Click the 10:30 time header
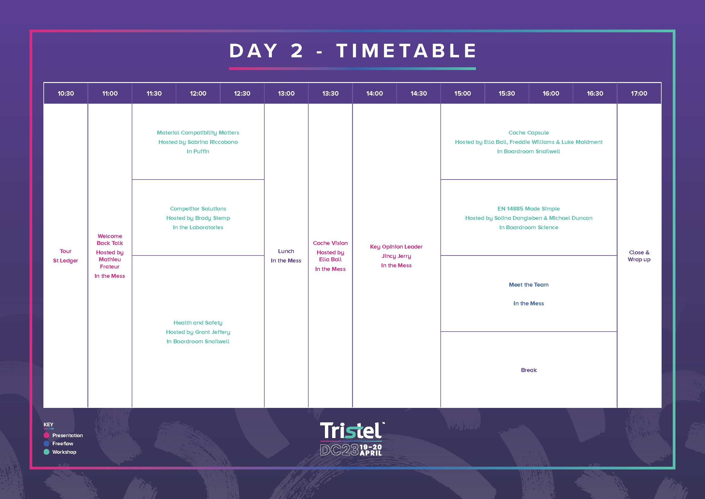click(x=66, y=94)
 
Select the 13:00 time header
click(x=286, y=94)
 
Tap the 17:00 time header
click(x=639, y=94)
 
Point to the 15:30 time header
click(x=507, y=94)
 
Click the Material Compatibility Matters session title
click(x=198, y=133)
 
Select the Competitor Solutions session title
click(x=198, y=209)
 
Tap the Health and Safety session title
click(x=198, y=323)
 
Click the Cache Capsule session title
click(x=529, y=133)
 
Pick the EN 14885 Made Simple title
click(x=529, y=209)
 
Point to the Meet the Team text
click(x=529, y=285)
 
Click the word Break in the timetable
click(x=529, y=370)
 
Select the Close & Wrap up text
click(x=639, y=256)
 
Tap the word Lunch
click(x=286, y=251)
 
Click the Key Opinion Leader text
click(x=396, y=247)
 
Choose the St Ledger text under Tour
click(x=66, y=261)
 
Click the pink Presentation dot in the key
click(x=47, y=435)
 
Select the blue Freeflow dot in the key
click(x=47, y=444)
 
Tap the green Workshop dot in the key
click(x=47, y=452)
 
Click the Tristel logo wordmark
click(x=352, y=431)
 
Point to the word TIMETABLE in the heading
click(x=406, y=51)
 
